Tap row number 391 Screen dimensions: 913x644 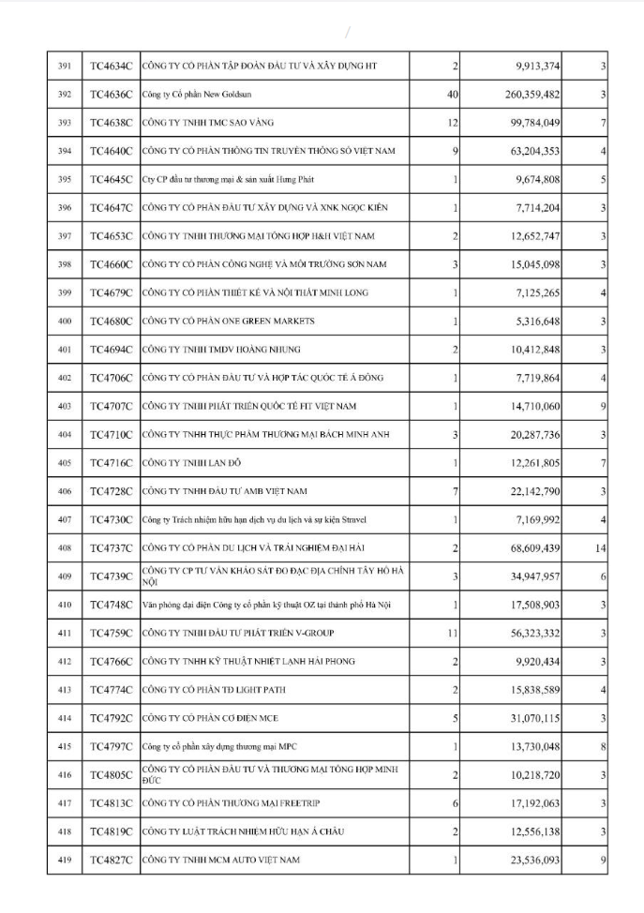[65, 67]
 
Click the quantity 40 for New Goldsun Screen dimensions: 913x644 [452, 95]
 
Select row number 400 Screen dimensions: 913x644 [65, 322]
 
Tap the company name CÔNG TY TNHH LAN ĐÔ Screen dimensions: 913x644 [188, 463]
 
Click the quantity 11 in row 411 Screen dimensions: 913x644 [452, 633]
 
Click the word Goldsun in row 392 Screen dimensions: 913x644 [239, 95]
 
